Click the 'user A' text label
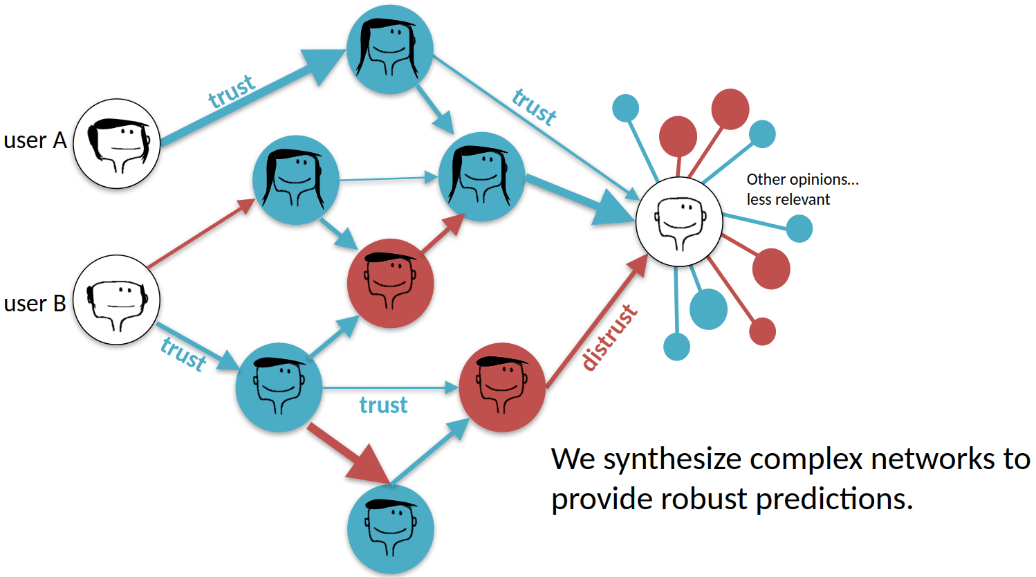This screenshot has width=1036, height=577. point(35,140)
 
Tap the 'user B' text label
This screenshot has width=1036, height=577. point(35,303)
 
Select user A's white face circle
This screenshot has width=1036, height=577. point(117,143)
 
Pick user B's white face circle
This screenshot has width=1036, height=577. point(117,299)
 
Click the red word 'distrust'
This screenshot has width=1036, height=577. point(609,338)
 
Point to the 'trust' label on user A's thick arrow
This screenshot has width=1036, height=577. point(232,91)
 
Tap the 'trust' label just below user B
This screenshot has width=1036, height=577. point(183,354)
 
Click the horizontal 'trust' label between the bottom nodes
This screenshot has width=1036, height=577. point(383,405)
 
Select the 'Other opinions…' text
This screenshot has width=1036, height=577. point(802,179)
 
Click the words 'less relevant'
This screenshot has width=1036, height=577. point(788,199)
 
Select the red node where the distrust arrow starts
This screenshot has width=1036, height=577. point(502,387)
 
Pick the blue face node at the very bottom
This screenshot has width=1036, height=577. point(390,529)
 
